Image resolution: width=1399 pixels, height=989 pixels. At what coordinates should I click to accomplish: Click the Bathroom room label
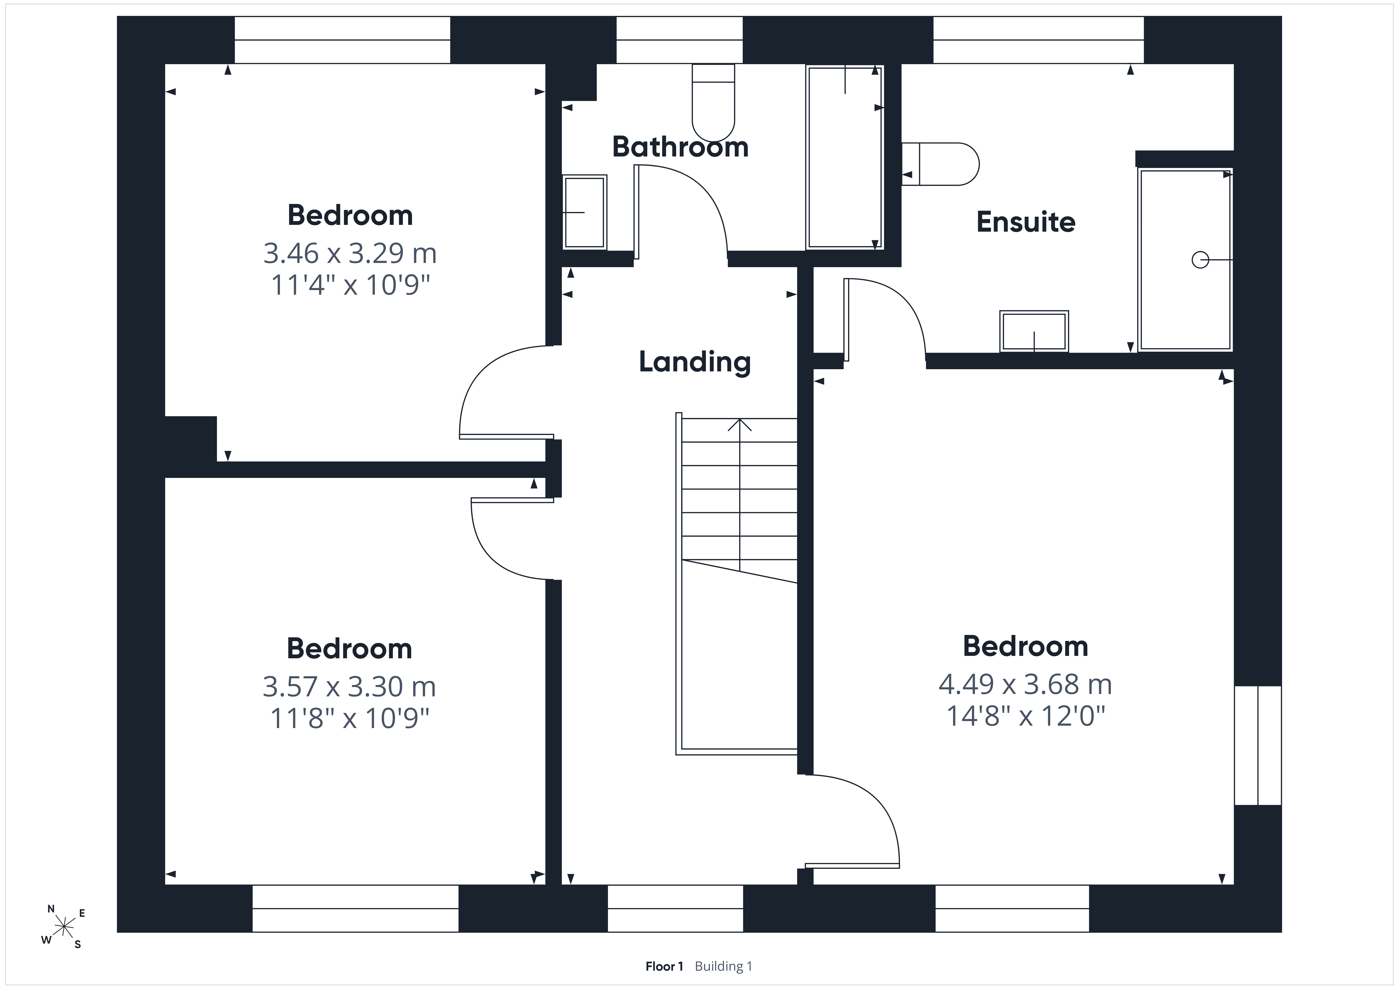click(680, 147)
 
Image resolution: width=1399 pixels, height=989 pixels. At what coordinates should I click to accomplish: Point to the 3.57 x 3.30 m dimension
click(349, 687)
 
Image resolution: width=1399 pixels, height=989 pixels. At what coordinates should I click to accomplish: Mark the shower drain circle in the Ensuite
click(1200, 260)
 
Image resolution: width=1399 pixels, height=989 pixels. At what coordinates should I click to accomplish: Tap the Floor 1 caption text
click(664, 966)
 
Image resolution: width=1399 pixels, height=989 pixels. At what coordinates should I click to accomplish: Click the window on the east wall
click(1258, 745)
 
